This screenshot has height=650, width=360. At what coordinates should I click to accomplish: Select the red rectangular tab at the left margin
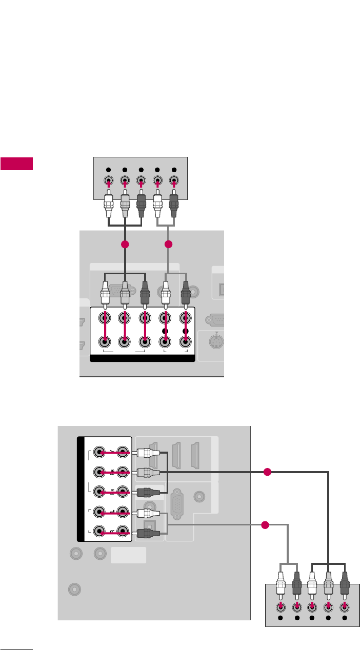[x=16, y=164]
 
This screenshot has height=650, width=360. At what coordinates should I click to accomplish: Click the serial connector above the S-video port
[x=217, y=319]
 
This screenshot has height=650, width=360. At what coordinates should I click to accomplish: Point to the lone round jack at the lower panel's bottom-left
[x=74, y=590]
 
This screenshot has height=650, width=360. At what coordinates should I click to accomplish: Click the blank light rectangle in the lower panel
[x=128, y=555]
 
